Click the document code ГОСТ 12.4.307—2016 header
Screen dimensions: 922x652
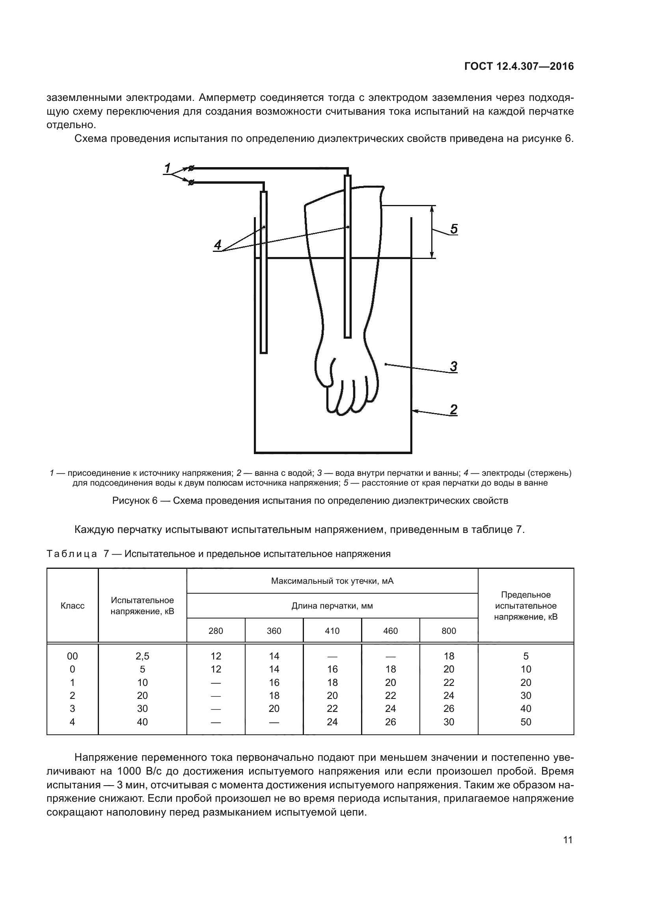[x=519, y=67]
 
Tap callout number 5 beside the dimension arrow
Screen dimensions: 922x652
[x=454, y=229]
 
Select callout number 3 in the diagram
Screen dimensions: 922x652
[x=454, y=366]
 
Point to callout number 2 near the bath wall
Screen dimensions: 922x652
[x=454, y=410]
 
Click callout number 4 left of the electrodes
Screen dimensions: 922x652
[x=218, y=244]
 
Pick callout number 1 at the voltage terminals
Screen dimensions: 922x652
[x=168, y=168]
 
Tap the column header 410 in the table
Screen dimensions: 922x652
[x=332, y=631]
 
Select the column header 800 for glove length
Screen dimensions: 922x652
[x=449, y=631]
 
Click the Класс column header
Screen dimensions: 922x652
[x=72, y=605]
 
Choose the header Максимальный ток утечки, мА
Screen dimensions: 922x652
[x=332, y=581]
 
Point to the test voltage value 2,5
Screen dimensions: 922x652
[x=142, y=656]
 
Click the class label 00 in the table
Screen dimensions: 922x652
[x=72, y=656]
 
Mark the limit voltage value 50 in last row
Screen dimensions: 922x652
[x=525, y=722]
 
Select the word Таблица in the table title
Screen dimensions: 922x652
[x=72, y=554]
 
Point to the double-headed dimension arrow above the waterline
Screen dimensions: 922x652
[x=432, y=232]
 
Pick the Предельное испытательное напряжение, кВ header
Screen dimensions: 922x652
[x=525, y=605]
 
